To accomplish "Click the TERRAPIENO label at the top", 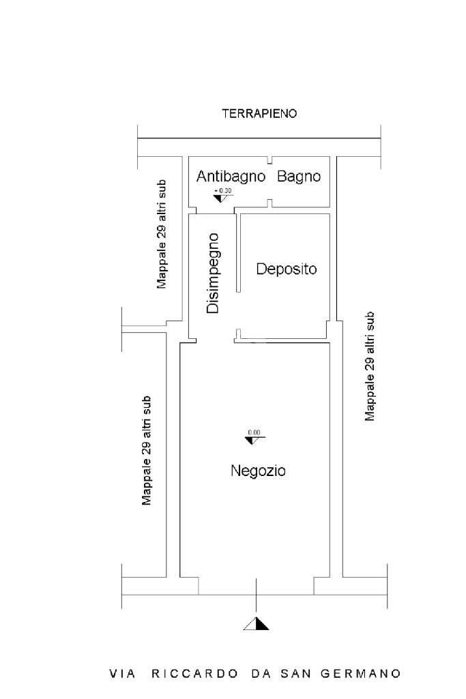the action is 259,114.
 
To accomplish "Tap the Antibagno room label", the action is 231,177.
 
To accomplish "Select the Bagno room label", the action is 299,177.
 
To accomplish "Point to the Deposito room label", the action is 287,269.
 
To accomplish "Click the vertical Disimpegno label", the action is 214,273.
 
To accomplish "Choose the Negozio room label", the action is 258,471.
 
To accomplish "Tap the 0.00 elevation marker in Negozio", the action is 254,436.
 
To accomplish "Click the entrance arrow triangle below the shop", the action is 257,623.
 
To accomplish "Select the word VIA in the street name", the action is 123,674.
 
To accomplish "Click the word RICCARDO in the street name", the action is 195,674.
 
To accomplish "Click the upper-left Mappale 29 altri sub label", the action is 162,234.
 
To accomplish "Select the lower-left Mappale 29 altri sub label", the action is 146,451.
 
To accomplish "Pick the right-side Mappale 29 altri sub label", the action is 370,366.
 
